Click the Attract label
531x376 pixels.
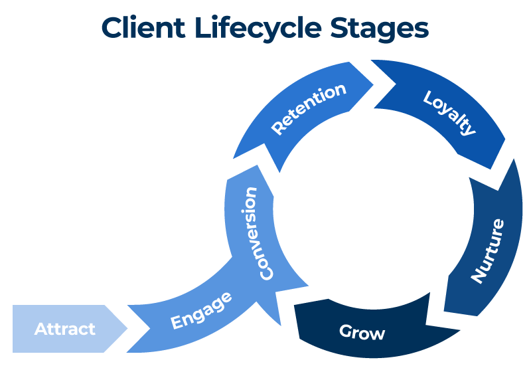tap(65, 329)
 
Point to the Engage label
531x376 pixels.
tap(201, 310)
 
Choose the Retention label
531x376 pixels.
tap(309, 109)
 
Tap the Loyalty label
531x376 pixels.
tap(450, 112)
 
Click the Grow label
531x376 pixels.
tap(362, 331)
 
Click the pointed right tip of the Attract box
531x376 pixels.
tap(127, 329)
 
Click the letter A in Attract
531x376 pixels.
tap(40, 329)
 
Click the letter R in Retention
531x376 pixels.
tap(277, 128)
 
